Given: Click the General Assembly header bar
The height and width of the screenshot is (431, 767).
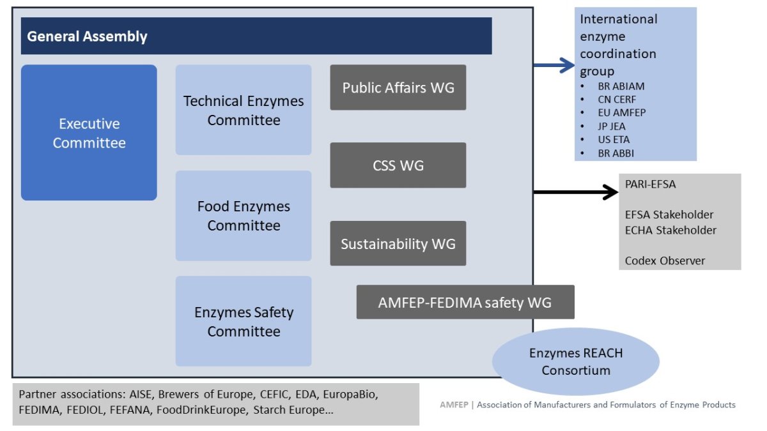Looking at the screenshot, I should click(x=256, y=36).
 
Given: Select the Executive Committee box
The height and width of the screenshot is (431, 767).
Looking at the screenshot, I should click(x=89, y=133).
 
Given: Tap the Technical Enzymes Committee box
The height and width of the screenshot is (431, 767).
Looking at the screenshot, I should click(x=244, y=110).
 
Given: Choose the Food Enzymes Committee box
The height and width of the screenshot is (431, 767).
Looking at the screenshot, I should click(x=244, y=216).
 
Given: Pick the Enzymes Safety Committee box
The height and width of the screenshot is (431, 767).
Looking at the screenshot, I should click(x=244, y=321).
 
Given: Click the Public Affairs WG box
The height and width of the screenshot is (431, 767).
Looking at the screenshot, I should click(x=398, y=87).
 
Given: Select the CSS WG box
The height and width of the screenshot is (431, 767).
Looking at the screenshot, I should click(x=398, y=165).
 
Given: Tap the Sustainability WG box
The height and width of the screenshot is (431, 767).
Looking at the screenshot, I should click(x=398, y=243).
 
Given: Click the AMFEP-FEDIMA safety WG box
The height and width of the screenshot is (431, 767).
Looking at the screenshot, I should click(x=465, y=302).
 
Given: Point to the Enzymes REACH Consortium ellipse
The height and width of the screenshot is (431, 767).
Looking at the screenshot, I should click(x=576, y=361).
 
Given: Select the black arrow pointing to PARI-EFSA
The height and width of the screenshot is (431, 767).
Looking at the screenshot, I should click(x=575, y=191).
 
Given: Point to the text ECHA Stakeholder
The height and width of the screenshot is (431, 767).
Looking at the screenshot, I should click(x=670, y=230).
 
